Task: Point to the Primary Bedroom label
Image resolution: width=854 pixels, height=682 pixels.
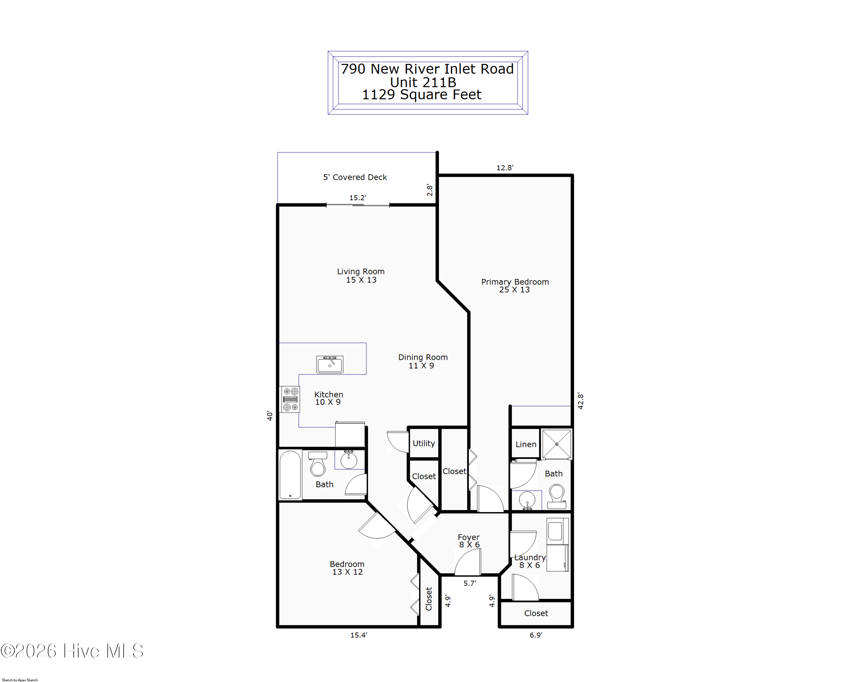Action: pos(515,286)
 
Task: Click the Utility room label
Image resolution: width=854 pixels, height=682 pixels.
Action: pos(423,443)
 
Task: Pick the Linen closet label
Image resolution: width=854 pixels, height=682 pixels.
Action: pos(525,445)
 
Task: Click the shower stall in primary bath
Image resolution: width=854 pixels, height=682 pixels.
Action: pos(557,444)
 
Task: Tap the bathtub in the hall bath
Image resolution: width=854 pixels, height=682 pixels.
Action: pos(290,475)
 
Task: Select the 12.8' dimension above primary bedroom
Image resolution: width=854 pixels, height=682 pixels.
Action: pos(505,168)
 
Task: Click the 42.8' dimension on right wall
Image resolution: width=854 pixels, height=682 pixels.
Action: pos(580,401)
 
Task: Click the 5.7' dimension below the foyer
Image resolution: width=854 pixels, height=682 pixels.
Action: pos(470,583)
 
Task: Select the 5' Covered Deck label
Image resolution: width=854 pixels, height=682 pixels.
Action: pos(355,177)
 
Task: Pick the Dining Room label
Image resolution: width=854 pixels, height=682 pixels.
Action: pos(423,361)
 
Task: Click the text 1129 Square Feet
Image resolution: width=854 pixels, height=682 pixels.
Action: pos(422,95)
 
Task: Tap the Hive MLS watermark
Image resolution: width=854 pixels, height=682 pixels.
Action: pos(72,651)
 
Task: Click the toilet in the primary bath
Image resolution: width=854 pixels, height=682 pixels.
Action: pos(557,496)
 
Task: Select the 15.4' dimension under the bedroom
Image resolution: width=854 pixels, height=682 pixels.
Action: pos(358,635)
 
